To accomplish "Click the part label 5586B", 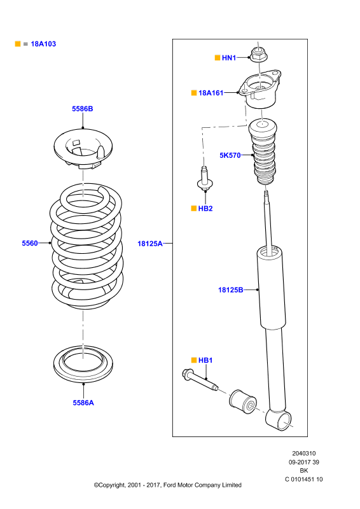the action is click(x=83, y=109).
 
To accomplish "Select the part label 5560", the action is click(x=30, y=243).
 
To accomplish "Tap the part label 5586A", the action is click(x=83, y=403).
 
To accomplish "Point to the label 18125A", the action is click(x=150, y=244).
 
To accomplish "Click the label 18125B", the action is click(x=230, y=290).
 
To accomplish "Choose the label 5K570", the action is click(x=230, y=155).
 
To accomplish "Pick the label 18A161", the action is click(x=211, y=93).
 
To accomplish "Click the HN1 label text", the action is click(x=229, y=58).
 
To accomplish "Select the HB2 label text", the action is click(x=205, y=209).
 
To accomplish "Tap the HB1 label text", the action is click(x=205, y=360).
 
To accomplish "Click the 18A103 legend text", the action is click(x=43, y=44).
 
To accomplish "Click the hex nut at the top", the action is click(x=258, y=54).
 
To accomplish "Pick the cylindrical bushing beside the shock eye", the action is click(x=243, y=402).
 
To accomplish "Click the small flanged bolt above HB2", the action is click(x=205, y=179).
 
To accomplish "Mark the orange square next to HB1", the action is click(x=194, y=360).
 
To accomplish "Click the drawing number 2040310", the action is click(x=304, y=454).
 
